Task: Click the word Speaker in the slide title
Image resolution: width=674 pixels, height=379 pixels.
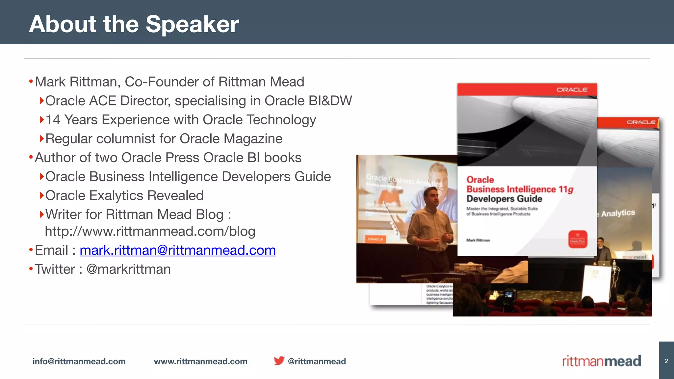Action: click(x=192, y=24)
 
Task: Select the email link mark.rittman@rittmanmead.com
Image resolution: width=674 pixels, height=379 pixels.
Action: click(x=178, y=250)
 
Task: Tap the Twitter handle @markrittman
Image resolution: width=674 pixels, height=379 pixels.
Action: click(x=128, y=269)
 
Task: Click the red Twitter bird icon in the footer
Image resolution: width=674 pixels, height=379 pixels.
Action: click(x=279, y=361)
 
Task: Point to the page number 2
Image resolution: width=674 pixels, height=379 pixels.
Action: click(x=666, y=361)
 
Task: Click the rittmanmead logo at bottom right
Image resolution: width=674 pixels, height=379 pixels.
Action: click(x=601, y=361)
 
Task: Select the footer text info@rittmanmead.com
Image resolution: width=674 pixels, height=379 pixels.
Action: click(x=79, y=362)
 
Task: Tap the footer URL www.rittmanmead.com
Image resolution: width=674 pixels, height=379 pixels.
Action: click(x=200, y=362)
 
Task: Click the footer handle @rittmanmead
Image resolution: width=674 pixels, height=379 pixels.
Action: click(x=317, y=362)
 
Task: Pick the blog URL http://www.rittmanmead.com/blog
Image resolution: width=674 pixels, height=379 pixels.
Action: click(x=150, y=232)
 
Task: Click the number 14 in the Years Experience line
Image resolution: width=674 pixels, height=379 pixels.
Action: click(x=53, y=120)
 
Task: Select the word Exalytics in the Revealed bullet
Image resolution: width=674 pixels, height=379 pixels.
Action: click(x=116, y=196)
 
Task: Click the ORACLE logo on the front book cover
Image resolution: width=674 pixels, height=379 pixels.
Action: click(x=572, y=89)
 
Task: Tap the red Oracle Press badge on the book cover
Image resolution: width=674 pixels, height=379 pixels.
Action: click(x=578, y=239)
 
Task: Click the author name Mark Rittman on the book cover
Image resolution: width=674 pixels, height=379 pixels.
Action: click(x=478, y=240)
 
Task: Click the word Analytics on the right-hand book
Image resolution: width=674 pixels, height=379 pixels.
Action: click(x=618, y=213)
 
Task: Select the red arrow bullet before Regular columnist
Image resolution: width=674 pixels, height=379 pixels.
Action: click(x=41, y=139)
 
